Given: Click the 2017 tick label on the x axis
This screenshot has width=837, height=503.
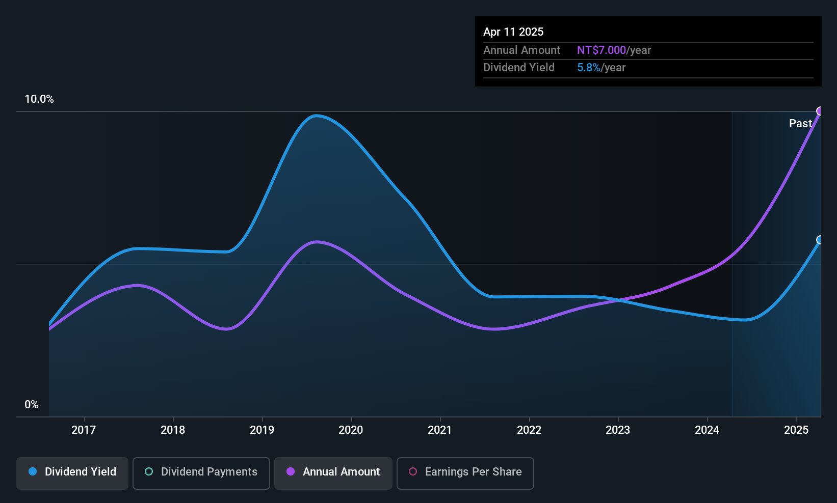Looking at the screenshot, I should point(84,430).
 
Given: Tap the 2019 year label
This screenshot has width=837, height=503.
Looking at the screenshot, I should point(261,430).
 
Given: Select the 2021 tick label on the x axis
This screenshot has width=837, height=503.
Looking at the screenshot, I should point(439,430).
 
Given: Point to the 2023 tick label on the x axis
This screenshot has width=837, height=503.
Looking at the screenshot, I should point(617,430).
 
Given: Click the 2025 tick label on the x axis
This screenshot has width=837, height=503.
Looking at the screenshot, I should point(796,430).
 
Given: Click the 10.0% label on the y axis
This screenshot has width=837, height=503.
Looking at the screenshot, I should point(39,99).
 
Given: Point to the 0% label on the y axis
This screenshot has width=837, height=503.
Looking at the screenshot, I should point(32,405).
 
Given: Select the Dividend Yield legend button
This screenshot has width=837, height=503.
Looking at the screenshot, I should point(72,472).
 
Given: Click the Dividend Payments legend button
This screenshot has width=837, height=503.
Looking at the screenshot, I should point(201,472).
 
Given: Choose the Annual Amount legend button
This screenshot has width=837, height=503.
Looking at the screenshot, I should point(333,472).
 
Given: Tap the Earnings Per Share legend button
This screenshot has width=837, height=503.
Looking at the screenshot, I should point(465,472).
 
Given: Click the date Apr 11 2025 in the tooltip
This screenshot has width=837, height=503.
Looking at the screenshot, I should point(513,32).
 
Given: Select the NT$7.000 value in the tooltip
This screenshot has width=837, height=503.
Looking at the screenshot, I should point(601,50).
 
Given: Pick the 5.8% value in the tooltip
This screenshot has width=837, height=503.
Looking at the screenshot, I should point(589,68).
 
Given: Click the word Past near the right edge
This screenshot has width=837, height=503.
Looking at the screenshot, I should point(800,123).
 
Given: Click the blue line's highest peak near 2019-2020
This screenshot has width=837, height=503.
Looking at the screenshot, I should point(316,116).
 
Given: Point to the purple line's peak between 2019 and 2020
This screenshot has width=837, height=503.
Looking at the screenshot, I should point(317,242).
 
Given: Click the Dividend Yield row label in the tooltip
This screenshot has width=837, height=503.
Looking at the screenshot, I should point(518,68).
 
